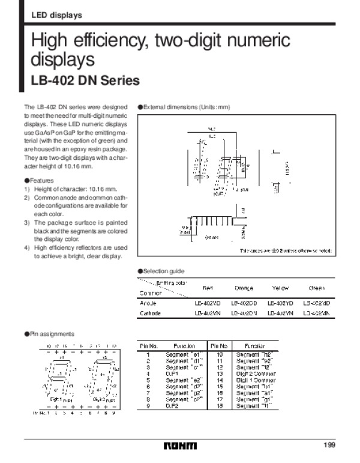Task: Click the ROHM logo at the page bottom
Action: click(179, 446)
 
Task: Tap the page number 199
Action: click(328, 444)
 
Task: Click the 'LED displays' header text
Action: click(57, 15)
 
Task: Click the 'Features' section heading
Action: click(41, 180)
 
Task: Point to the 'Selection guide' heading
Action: click(163, 271)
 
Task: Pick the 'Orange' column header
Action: click(244, 288)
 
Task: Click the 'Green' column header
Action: click(316, 288)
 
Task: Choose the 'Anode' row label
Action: click(148, 303)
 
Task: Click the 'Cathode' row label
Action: click(150, 313)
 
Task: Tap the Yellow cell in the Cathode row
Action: click(280, 313)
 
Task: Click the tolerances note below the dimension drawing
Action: click(285, 250)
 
